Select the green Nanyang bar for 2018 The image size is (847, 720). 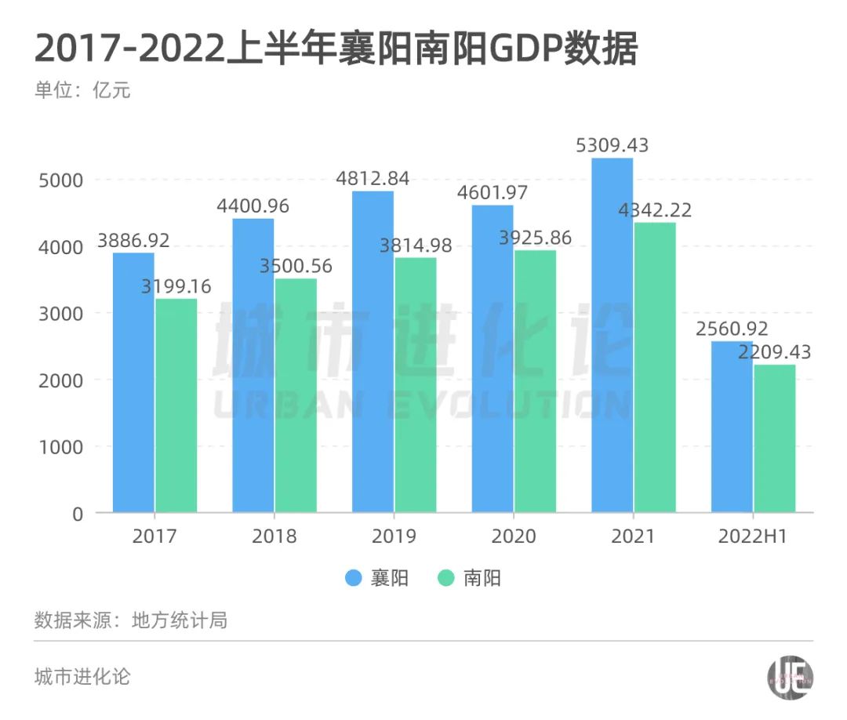pos(296,396)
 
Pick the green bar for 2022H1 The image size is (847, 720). pos(775,438)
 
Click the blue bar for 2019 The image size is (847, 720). pos(373,352)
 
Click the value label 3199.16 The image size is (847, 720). pos(176,286)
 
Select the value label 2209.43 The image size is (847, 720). pos(776,352)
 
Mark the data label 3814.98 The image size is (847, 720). pos(416,245)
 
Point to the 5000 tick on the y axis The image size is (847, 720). pos(60,180)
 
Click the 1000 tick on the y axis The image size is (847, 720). pos(60,447)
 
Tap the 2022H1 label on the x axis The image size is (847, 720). pos(753,536)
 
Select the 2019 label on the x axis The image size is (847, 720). pos(394,536)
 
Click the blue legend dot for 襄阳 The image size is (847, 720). pos(354,579)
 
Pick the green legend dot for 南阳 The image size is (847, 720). pos(446,579)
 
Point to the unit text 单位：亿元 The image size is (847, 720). pos(82,90)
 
